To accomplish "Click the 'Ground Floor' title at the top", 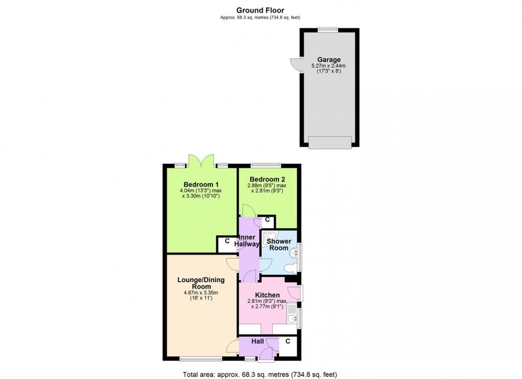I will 260,10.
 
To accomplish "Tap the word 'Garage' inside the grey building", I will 329,60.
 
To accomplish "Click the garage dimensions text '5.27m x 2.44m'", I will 329,66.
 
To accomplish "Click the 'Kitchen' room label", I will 267,295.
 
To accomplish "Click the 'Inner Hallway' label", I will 248,241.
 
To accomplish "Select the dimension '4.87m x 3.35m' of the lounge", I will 201,292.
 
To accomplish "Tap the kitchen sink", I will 290,319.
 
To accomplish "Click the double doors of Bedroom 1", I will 200,160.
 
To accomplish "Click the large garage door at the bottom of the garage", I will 330,142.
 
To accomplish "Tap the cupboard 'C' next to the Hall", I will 288,341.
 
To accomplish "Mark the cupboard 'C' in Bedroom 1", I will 227,241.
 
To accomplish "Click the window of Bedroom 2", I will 266,164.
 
